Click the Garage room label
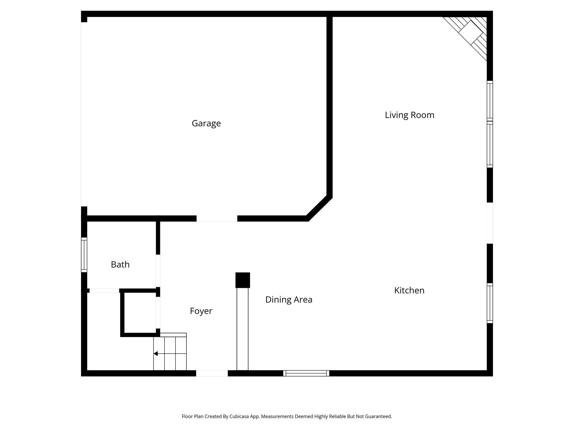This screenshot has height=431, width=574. [206, 123]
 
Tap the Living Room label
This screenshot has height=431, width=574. [409, 115]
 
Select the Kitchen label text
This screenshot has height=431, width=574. [409, 290]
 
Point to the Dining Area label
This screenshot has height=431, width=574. [289, 300]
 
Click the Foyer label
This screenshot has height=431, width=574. [201, 311]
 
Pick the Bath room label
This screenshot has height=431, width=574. [120, 265]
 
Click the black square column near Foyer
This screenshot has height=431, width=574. [242, 280]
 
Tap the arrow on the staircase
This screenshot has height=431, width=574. [156, 354]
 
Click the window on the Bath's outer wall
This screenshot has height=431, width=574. [84, 255]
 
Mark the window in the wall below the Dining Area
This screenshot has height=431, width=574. [306, 373]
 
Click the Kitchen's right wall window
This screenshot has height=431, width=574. [490, 303]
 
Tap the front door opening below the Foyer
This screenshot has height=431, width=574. [212, 373]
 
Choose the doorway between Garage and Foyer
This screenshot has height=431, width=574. [217, 219]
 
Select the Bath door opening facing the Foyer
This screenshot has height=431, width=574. [158, 271]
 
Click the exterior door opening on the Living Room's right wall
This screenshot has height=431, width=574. [490, 223]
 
